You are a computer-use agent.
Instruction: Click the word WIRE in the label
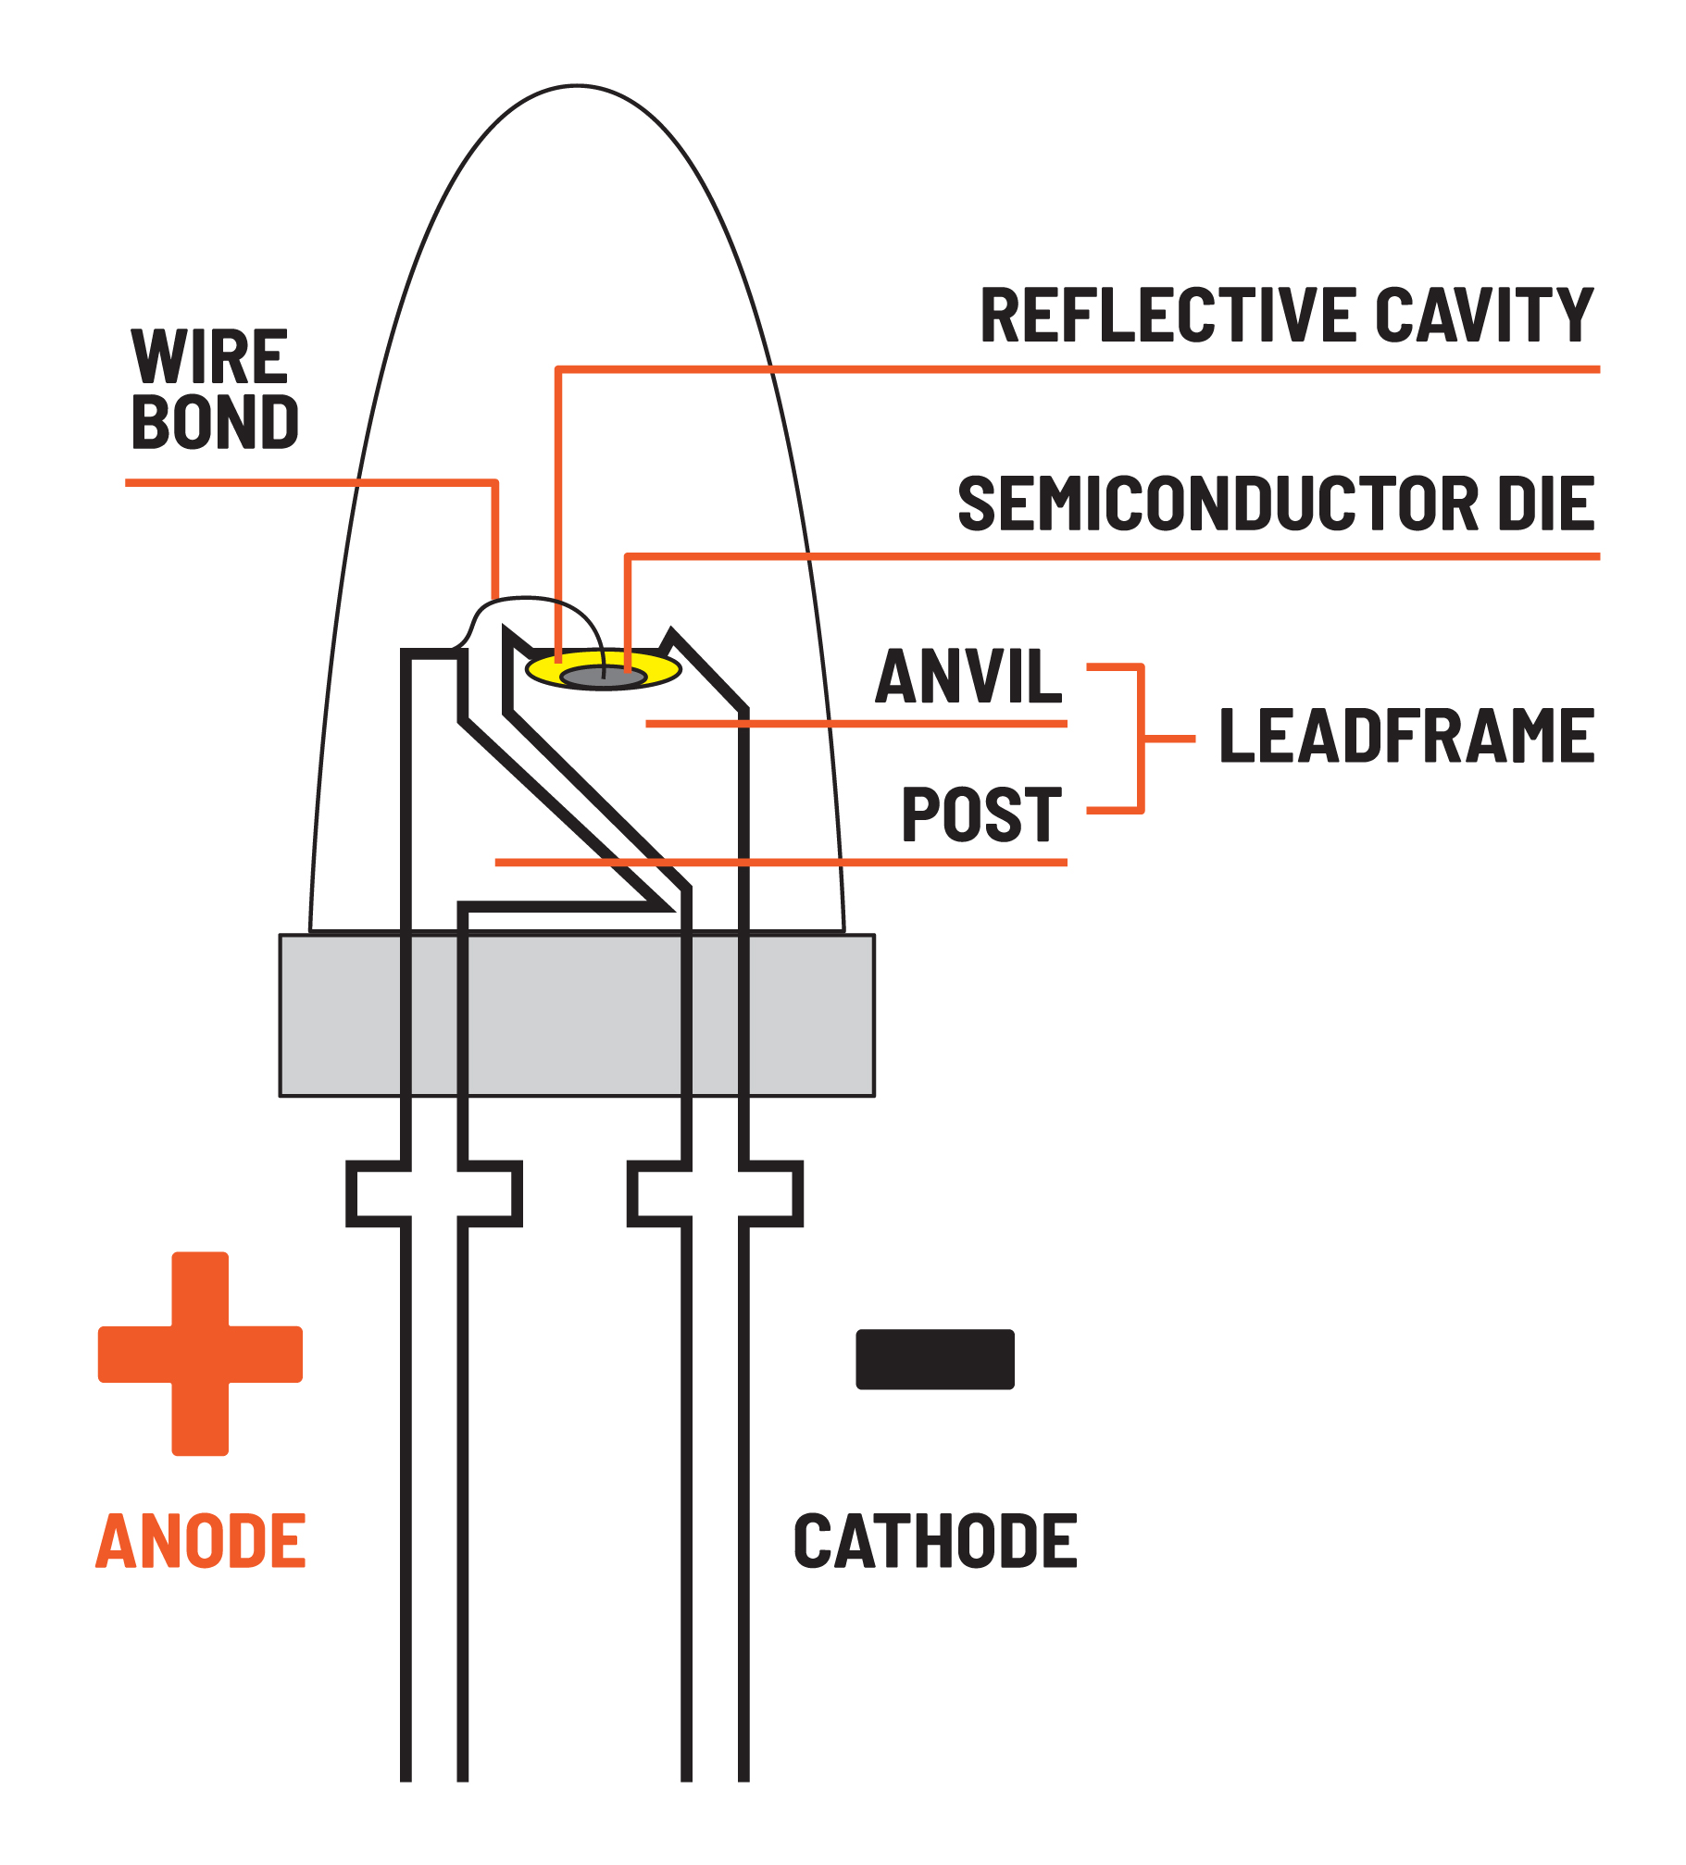point(210,357)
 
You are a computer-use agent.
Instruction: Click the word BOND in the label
point(215,423)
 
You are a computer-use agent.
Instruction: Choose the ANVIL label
point(968,677)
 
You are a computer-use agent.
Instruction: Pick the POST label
point(981,815)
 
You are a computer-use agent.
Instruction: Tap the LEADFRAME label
point(1406,737)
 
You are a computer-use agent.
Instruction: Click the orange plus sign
point(200,1354)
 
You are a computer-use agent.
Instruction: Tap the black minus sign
point(935,1360)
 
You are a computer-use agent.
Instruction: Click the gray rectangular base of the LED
point(577,1015)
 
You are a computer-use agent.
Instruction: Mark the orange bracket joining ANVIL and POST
point(1143,739)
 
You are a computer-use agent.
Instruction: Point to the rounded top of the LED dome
point(577,88)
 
